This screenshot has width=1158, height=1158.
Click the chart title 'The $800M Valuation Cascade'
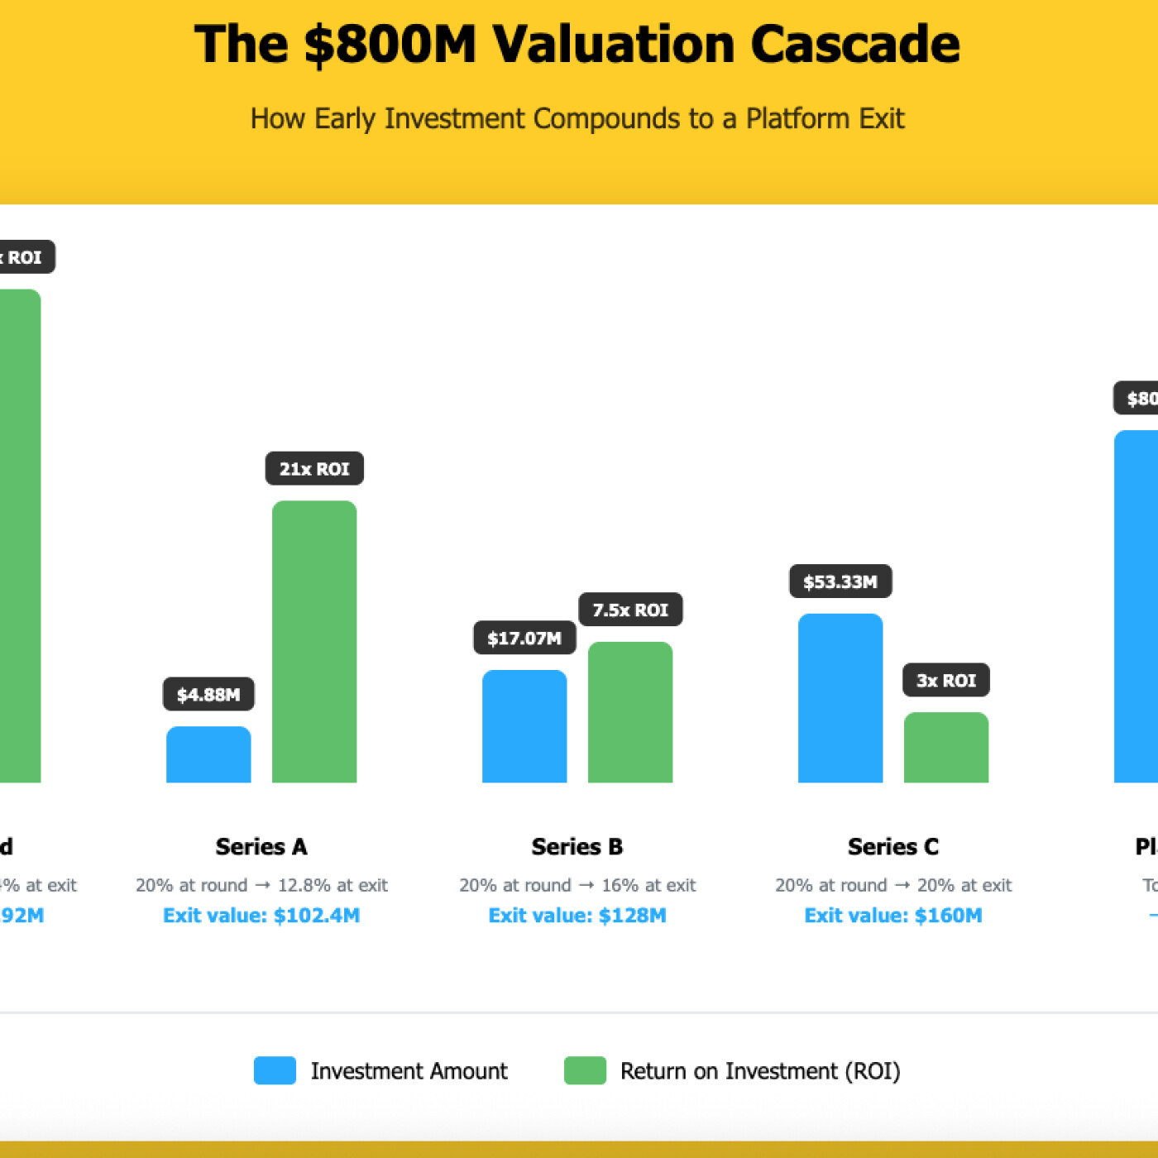577,44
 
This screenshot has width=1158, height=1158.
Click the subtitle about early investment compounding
577,118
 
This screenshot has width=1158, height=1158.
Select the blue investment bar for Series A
208,754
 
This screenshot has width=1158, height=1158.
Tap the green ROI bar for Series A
314,642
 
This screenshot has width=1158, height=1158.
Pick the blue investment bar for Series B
524,726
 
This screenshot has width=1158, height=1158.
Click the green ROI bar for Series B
630,712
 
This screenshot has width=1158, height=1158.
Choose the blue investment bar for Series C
840,698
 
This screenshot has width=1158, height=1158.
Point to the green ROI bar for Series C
946,747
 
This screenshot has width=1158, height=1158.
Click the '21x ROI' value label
314,469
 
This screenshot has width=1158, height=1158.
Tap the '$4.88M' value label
208,694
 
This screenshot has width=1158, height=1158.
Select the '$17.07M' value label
524,638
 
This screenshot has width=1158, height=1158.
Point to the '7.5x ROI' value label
630,610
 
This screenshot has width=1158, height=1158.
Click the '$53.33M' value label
840,581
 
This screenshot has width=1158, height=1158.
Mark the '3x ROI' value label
946,680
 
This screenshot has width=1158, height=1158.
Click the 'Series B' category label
577,846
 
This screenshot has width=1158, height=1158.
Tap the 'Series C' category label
893,846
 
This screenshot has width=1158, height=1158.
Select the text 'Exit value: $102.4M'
261,915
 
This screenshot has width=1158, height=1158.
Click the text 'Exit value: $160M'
893,915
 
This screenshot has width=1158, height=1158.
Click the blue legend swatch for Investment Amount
275,1070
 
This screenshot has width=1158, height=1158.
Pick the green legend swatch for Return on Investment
585,1070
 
